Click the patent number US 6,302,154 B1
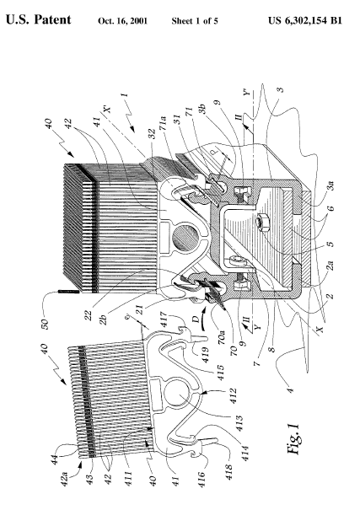[304, 21]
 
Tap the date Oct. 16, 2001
[122, 21]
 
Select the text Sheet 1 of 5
[195, 21]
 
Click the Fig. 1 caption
[293, 439]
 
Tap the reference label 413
[239, 423]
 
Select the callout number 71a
[163, 123]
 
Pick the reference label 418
[228, 471]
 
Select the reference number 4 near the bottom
[290, 389]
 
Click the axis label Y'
[248, 92]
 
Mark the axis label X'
[107, 107]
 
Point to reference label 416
[201, 479]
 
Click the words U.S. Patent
[39, 20]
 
